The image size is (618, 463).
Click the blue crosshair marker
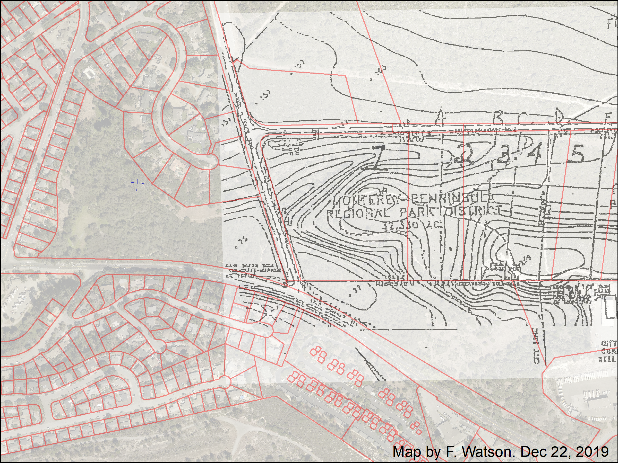137,183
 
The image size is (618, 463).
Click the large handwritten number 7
376,158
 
